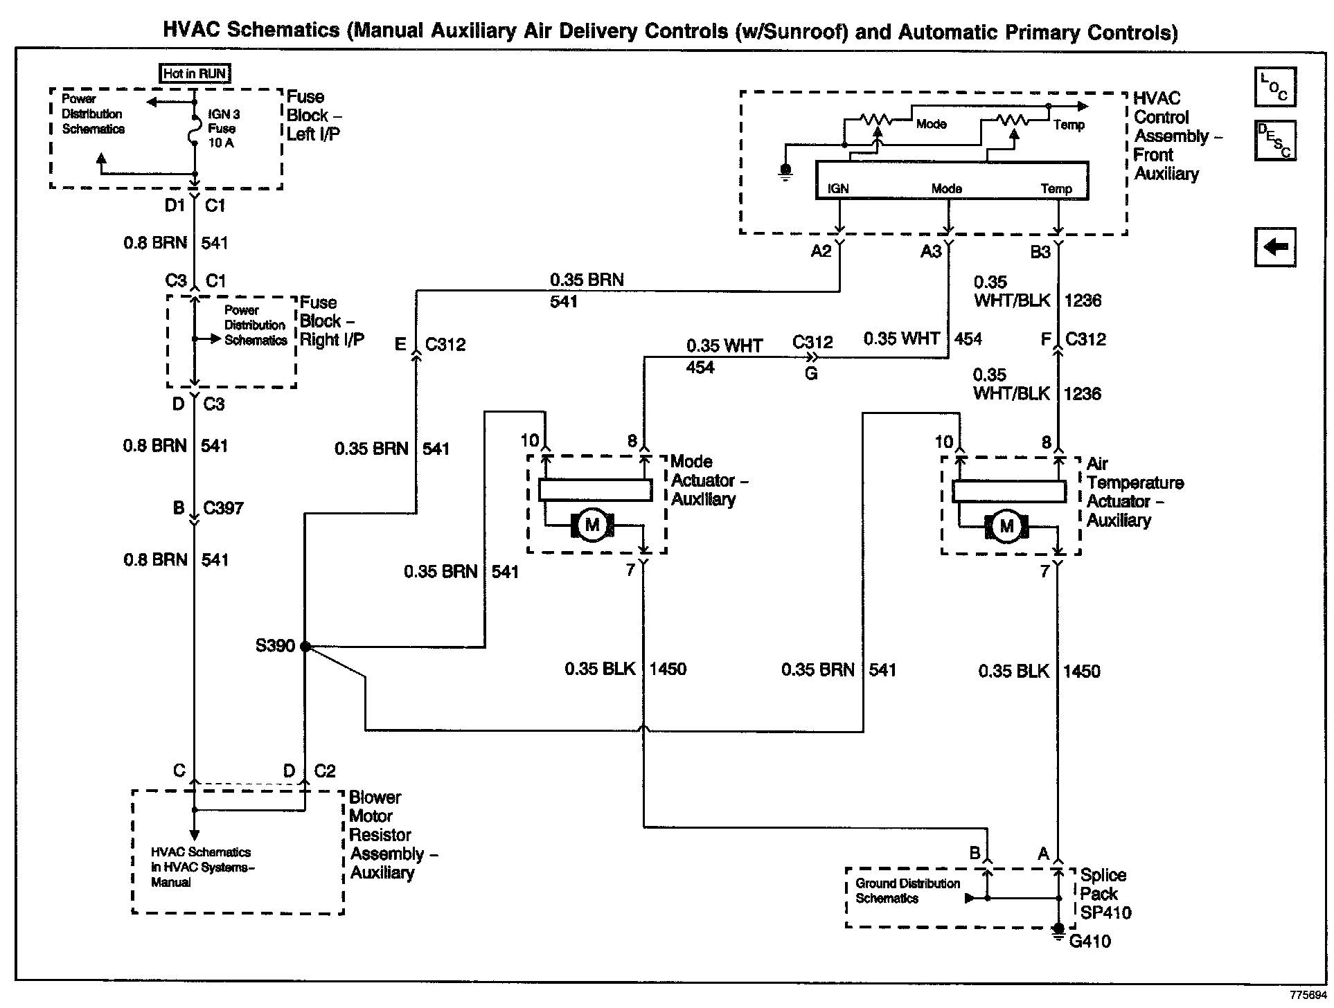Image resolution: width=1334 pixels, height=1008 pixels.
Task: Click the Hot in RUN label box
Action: [x=195, y=73]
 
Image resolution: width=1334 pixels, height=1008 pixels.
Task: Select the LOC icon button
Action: [x=1274, y=87]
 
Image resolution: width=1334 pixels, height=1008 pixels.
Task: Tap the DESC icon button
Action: [x=1274, y=141]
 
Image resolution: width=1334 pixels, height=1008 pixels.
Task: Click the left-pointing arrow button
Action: [x=1275, y=246]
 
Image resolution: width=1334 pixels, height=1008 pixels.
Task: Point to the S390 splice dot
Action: [x=305, y=647]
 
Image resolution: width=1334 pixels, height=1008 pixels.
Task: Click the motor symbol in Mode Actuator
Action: [x=592, y=525]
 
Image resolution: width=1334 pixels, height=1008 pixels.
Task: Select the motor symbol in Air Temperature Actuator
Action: [x=1006, y=526]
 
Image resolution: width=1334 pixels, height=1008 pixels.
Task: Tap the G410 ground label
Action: [x=1090, y=942]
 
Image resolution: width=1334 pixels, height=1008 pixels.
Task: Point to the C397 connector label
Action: [x=223, y=508]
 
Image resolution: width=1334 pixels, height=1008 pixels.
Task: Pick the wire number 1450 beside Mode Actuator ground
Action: [x=668, y=669]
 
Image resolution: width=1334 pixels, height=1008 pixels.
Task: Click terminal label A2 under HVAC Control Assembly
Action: [x=821, y=251]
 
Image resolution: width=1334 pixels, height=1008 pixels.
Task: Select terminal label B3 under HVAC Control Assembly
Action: [x=1040, y=252]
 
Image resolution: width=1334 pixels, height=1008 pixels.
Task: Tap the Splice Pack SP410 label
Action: [x=1105, y=894]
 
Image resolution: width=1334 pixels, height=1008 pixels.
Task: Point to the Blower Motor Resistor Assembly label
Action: [x=393, y=835]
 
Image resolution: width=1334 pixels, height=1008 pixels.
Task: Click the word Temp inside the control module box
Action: [x=1056, y=188]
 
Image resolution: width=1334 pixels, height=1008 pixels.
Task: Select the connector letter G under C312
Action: [x=811, y=374]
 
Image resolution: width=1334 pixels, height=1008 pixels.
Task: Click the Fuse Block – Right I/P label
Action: [x=332, y=321]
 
